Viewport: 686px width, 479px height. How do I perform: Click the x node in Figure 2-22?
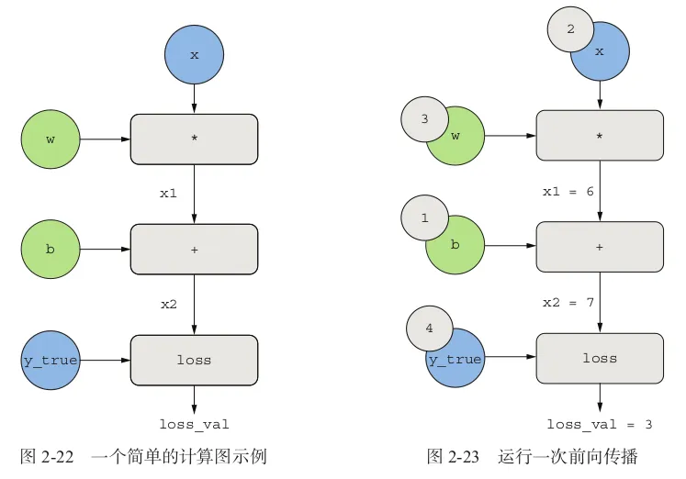[x=194, y=54]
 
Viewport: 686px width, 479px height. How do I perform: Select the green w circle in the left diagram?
[x=51, y=139]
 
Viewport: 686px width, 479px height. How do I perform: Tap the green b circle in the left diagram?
[x=51, y=249]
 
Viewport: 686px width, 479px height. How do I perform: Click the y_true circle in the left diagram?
[x=51, y=360]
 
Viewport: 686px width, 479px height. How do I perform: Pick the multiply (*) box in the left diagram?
[x=194, y=139]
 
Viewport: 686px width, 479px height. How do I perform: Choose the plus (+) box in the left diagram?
[x=194, y=249]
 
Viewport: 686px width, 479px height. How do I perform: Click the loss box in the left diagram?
[x=194, y=360]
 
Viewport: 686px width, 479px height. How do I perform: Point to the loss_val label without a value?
[x=194, y=424]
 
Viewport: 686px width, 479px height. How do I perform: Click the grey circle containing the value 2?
[x=570, y=29]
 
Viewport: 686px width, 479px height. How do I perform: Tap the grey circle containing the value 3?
[x=424, y=119]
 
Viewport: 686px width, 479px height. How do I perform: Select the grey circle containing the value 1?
[x=424, y=218]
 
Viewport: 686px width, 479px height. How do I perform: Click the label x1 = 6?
[x=568, y=191]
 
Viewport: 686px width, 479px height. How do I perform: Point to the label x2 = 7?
[x=568, y=302]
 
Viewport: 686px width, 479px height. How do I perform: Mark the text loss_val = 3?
[x=599, y=424]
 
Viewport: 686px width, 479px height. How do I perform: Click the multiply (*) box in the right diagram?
[x=600, y=137]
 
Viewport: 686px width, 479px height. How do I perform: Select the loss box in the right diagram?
[x=600, y=358]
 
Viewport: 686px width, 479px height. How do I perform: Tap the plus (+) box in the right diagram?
[x=600, y=247]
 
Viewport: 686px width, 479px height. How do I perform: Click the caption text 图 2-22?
[x=46, y=456]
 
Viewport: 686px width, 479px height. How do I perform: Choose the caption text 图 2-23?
[x=453, y=456]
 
